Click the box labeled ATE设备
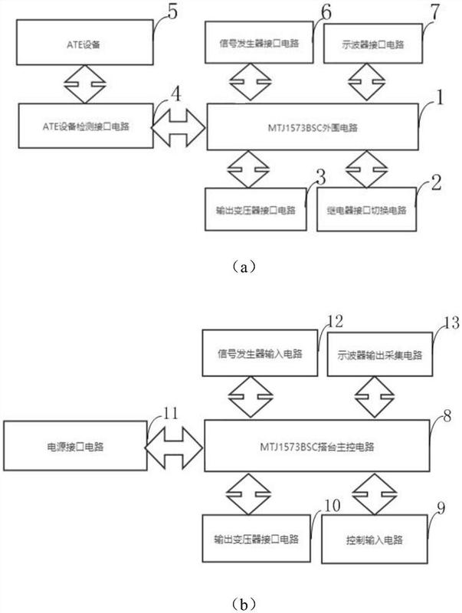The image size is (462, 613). (85, 42)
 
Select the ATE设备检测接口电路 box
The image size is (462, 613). (86, 126)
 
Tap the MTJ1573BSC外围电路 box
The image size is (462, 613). (313, 126)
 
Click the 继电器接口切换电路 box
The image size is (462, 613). (367, 209)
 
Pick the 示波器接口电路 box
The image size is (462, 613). (373, 43)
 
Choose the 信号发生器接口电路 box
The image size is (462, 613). (259, 42)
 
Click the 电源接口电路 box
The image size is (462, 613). (75, 446)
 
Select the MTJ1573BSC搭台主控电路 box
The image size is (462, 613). (317, 446)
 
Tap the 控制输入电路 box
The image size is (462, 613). (375, 539)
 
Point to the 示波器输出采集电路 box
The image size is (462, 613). (380, 354)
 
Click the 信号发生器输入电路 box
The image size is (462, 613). (260, 353)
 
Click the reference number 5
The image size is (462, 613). (172, 11)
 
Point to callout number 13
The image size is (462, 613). (451, 323)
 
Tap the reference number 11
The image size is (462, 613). (170, 413)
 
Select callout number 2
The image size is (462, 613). (436, 183)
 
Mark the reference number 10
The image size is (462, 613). (333, 506)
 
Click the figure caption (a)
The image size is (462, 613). (244, 267)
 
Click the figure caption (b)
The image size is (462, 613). (244, 605)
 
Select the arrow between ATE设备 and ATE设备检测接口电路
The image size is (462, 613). (85, 84)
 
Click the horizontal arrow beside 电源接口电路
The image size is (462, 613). (175, 447)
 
